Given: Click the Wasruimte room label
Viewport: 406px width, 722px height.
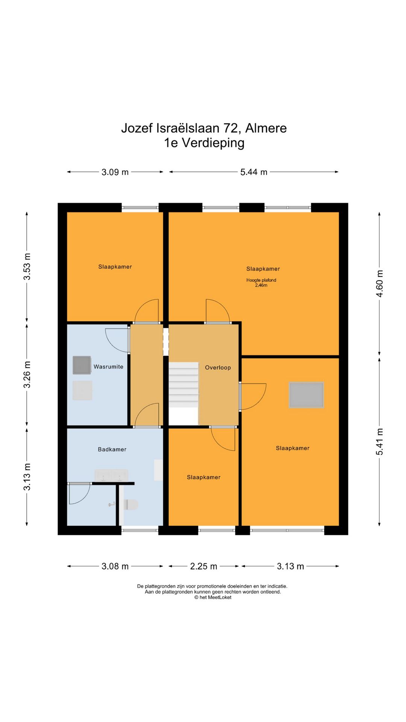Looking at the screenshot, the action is point(108,367).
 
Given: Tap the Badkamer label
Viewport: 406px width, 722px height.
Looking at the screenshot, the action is point(112,449).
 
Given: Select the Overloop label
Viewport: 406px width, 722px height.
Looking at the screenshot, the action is point(218,367).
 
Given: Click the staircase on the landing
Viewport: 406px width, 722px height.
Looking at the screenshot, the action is point(183,385).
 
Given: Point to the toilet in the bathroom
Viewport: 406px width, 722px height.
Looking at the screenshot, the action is point(130,505).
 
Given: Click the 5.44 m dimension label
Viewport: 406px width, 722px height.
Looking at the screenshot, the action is point(254,172).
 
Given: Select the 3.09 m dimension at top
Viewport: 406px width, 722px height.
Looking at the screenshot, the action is point(115,172).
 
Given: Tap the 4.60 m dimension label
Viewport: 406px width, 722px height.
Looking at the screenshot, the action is point(380,284).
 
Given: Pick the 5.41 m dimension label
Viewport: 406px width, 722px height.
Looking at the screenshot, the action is point(380,441).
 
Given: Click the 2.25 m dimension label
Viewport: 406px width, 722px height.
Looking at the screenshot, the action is point(203,566).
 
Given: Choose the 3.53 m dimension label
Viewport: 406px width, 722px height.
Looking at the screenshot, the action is point(27,267).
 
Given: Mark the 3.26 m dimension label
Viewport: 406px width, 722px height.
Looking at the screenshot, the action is point(27,375).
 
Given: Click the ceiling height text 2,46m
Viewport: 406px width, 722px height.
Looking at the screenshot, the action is point(261,285).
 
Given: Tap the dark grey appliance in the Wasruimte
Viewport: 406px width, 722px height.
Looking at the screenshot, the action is point(82,365).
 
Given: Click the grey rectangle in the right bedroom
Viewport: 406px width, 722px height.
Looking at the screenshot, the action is point(306,395).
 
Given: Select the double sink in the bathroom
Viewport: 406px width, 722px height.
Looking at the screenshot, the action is point(111,475).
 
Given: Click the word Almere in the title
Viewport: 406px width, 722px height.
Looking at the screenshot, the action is point(266,128).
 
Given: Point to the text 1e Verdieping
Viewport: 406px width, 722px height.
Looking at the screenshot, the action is point(204,143).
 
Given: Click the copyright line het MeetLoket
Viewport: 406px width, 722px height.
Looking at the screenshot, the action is point(213,597).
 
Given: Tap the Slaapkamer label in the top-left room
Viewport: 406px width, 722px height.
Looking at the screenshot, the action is point(115,267).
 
